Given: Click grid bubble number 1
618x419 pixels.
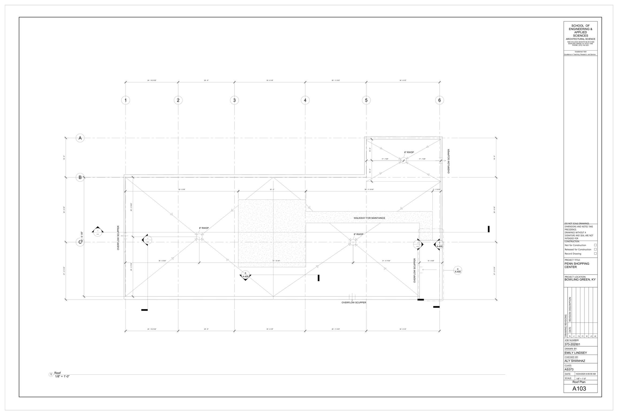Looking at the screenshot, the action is (x=125, y=100).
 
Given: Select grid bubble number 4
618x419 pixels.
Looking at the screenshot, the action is (x=305, y=100).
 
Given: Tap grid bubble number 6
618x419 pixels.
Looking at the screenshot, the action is (x=439, y=100).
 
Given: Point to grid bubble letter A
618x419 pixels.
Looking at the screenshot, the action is (x=80, y=138).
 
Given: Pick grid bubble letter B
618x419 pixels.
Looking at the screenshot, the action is (x=80, y=177).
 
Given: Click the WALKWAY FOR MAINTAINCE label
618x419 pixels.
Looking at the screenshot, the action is (x=369, y=218).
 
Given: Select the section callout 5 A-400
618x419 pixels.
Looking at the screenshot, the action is (x=245, y=275).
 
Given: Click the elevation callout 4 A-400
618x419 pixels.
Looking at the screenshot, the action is (x=458, y=270).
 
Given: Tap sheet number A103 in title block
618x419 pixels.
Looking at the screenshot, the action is (x=579, y=389).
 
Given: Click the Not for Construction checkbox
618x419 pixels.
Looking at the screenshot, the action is (x=595, y=245).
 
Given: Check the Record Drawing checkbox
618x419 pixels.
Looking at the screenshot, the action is (x=595, y=253).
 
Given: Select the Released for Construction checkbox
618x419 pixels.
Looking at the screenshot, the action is (x=595, y=249).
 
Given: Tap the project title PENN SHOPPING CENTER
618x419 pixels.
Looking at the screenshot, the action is (x=577, y=265).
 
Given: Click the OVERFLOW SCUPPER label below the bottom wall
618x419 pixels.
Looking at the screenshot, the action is (x=354, y=302).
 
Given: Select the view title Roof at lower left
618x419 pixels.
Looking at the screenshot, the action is (x=58, y=373).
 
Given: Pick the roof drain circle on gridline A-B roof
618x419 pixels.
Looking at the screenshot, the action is (x=403, y=160).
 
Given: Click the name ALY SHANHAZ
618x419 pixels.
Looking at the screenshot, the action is (x=575, y=361).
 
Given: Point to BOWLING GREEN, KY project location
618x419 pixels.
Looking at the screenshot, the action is (x=580, y=280).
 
